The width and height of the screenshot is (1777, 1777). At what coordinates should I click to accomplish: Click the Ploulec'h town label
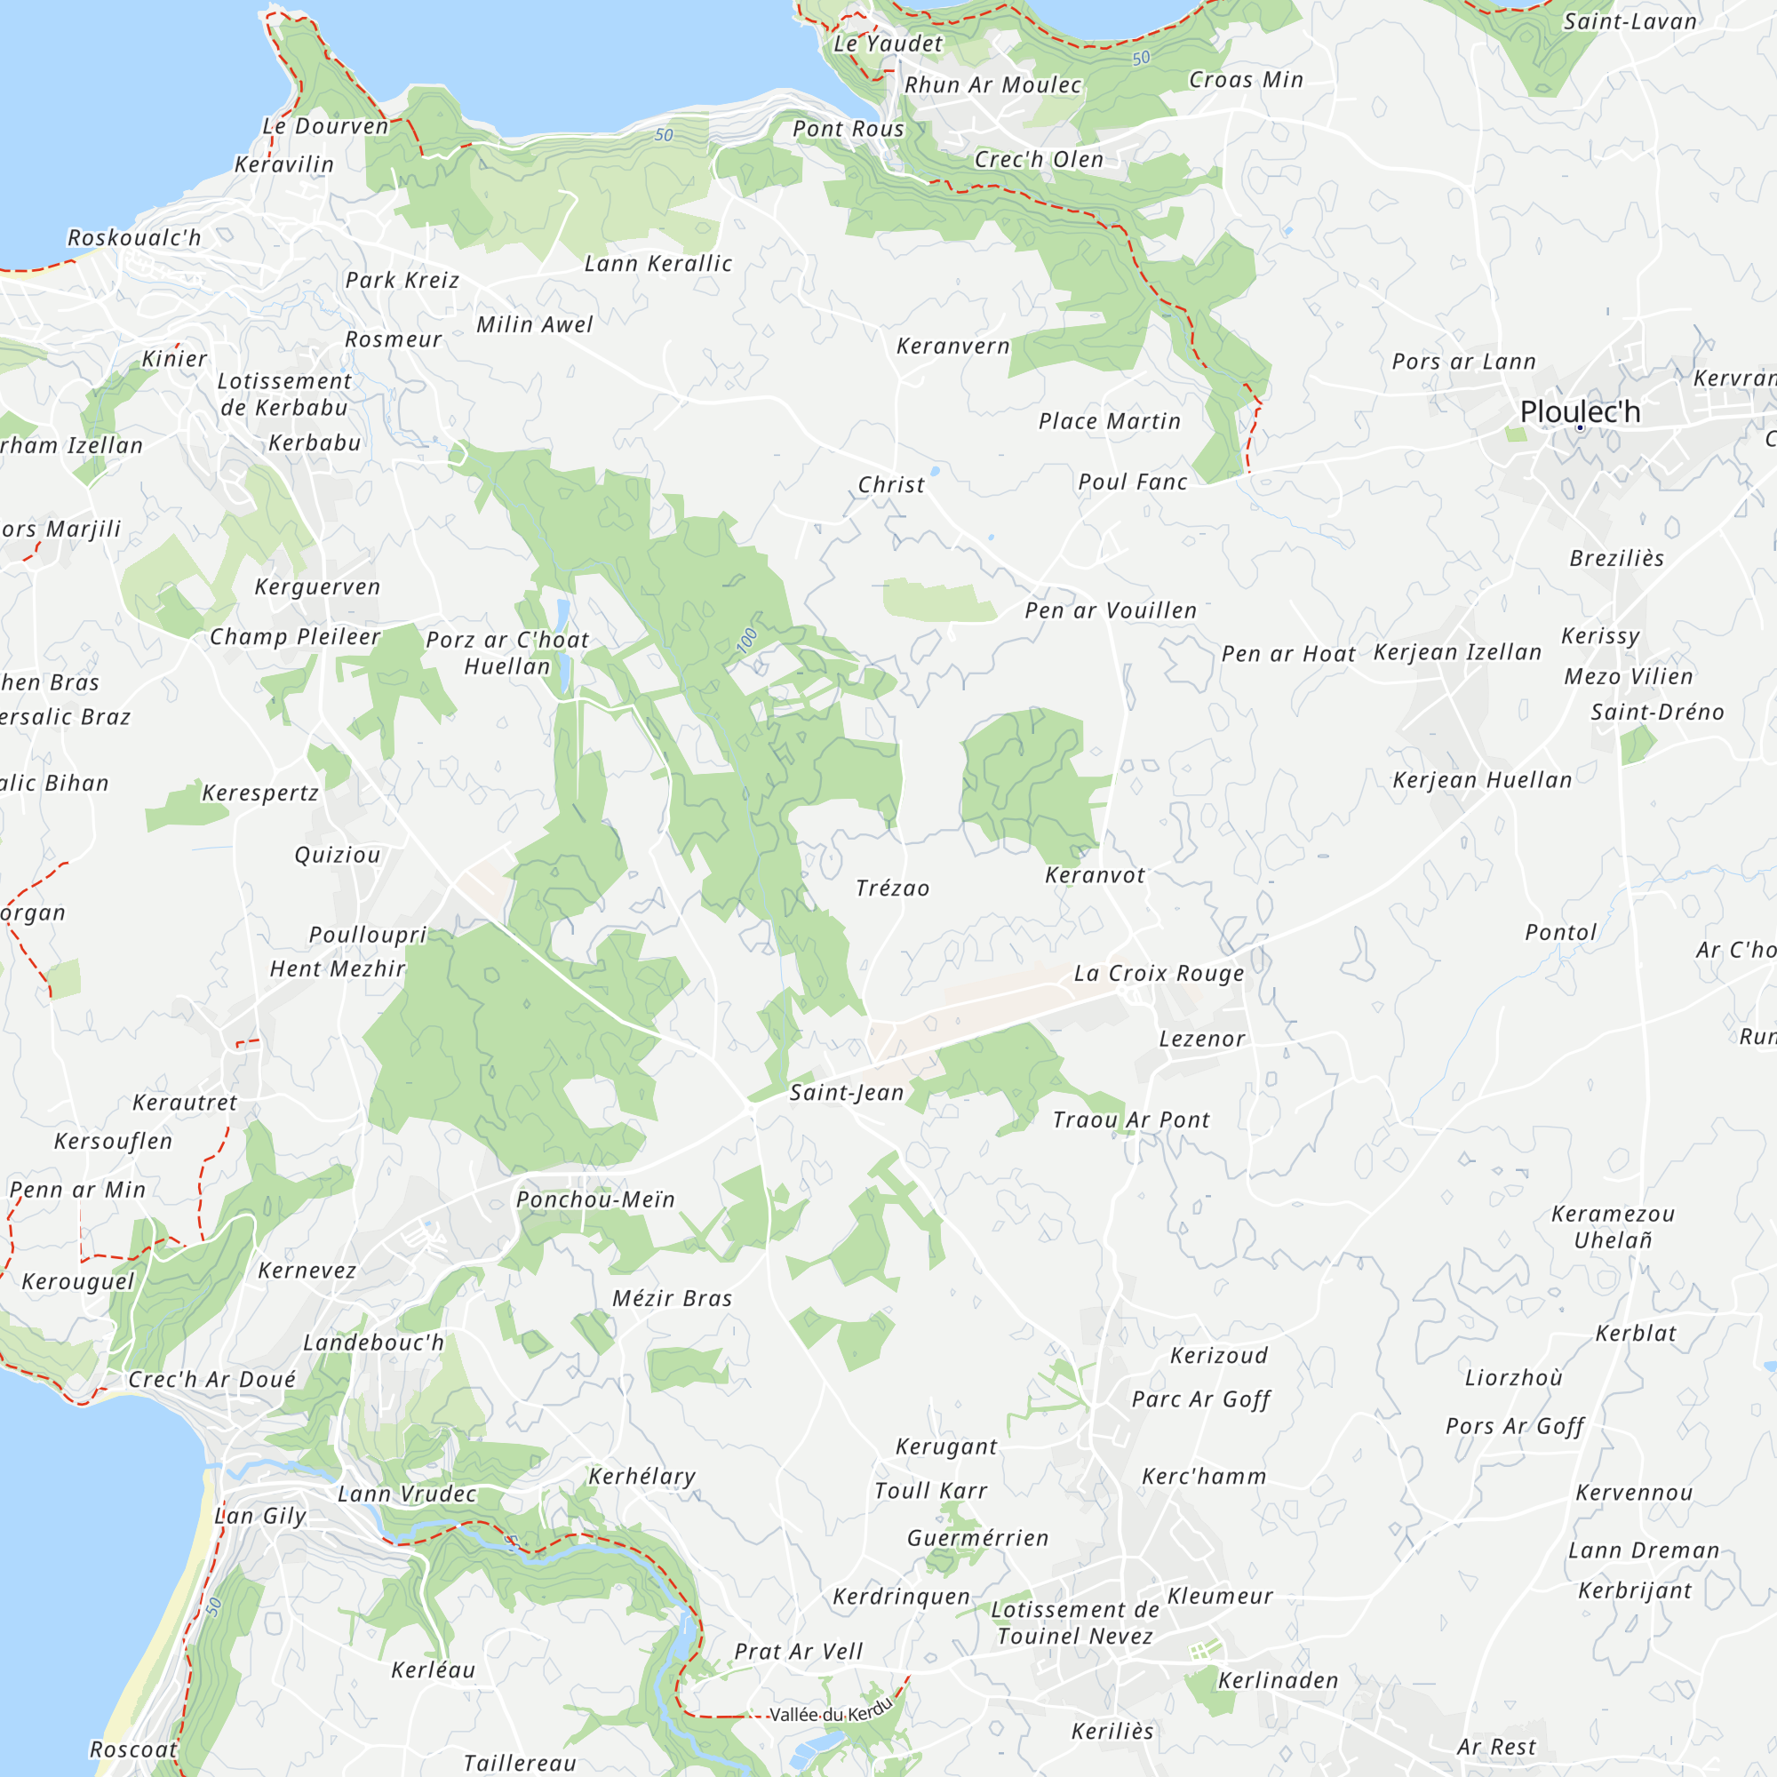[1579, 412]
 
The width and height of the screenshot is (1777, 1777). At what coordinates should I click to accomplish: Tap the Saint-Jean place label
[846, 1093]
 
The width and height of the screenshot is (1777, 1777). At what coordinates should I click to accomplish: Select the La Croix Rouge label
[1159, 973]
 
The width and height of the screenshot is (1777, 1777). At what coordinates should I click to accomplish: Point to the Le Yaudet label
[888, 44]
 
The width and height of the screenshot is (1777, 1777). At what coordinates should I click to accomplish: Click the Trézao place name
[892, 888]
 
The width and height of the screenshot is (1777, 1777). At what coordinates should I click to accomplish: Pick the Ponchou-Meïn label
[596, 1199]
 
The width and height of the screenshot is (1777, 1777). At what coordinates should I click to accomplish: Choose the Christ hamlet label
[891, 485]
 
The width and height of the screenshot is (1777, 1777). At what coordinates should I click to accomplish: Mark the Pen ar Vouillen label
[1112, 610]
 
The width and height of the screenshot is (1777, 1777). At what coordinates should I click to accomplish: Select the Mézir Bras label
[673, 1298]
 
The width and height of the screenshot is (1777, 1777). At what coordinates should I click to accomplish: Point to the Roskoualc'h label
[134, 237]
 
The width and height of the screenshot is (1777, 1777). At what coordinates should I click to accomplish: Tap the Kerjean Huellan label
[1482, 780]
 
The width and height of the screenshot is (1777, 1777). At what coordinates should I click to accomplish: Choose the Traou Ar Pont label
[1131, 1120]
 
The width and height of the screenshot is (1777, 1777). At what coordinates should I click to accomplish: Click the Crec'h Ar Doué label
[211, 1379]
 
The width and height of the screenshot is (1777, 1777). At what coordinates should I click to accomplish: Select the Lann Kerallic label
[658, 264]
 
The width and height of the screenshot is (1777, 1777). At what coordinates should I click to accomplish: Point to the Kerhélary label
[642, 1476]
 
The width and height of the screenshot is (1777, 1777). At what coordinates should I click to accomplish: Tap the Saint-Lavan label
[1630, 21]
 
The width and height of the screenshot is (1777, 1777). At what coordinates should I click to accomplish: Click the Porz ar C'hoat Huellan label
[507, 653]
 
